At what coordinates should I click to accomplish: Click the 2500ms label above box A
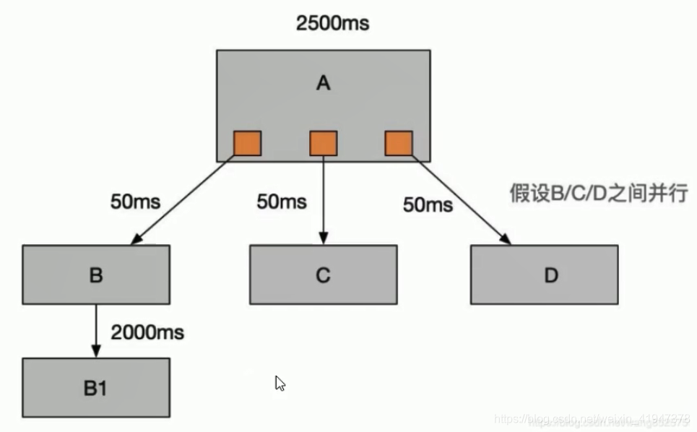[332, 23]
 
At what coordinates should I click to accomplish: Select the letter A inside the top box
[323, 83]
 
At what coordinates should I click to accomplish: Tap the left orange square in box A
[247, 143]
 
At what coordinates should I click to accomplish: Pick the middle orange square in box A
[323, 143]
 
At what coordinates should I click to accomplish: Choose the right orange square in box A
[399, 143]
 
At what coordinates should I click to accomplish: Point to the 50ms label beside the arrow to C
[282, 202]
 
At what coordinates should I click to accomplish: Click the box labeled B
[96, 275]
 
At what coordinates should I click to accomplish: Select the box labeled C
[323, 275]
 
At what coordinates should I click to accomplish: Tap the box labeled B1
[96, 387]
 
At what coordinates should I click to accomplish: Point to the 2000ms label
[147, 332]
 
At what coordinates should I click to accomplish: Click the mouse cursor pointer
[280, 383]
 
